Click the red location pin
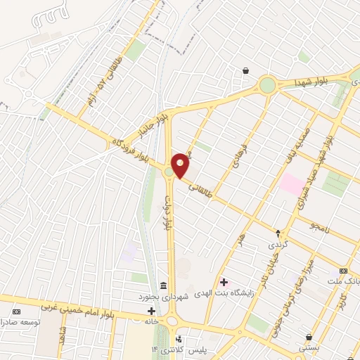[x=181, y=165]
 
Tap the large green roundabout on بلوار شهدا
[x=267, y=85]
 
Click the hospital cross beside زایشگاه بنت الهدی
[x=224, y=282]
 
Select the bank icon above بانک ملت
[x=343, y=271]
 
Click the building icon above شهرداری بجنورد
[x=163, y=285]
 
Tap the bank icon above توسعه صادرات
[x=17, y=311]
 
